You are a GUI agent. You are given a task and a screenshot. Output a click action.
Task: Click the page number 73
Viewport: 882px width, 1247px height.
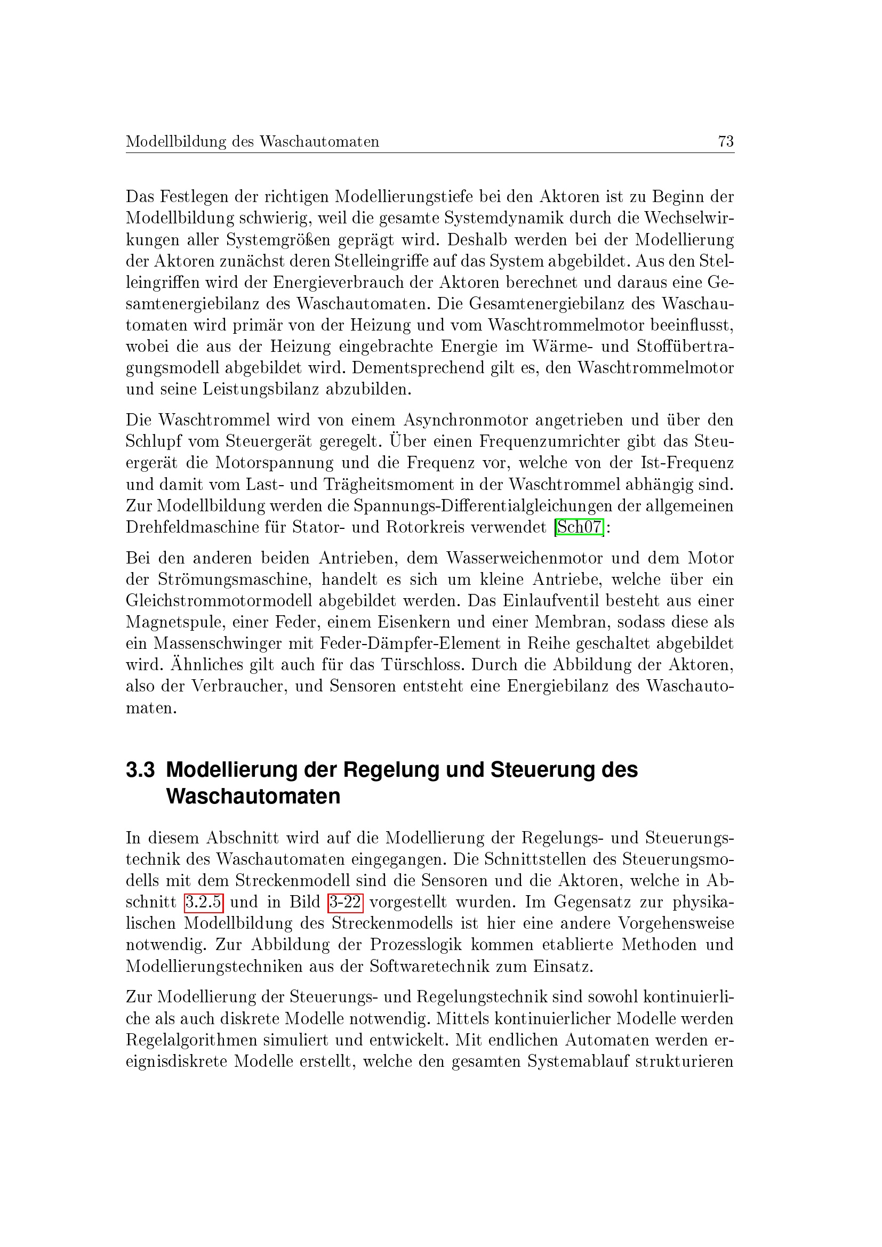(726, 142)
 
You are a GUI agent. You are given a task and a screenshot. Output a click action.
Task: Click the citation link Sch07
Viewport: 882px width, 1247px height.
(580, 527)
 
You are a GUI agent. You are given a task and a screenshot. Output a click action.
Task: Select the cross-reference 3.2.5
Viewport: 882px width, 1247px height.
(204, 902)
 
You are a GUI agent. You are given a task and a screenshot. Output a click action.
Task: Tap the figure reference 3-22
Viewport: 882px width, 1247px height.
(346, 902)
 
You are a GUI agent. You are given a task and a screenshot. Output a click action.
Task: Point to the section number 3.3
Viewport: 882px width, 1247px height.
(140, 770)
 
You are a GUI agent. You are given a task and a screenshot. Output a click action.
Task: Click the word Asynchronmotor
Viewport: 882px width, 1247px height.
(466, 420)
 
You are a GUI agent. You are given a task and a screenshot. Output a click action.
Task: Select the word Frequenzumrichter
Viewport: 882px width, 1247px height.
(549, 441)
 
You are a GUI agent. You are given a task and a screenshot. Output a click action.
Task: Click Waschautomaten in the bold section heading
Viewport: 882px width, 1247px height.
(253, 797)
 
